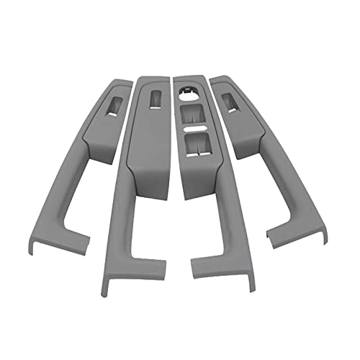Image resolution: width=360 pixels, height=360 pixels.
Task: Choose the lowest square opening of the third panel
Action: [x=194, y=145]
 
